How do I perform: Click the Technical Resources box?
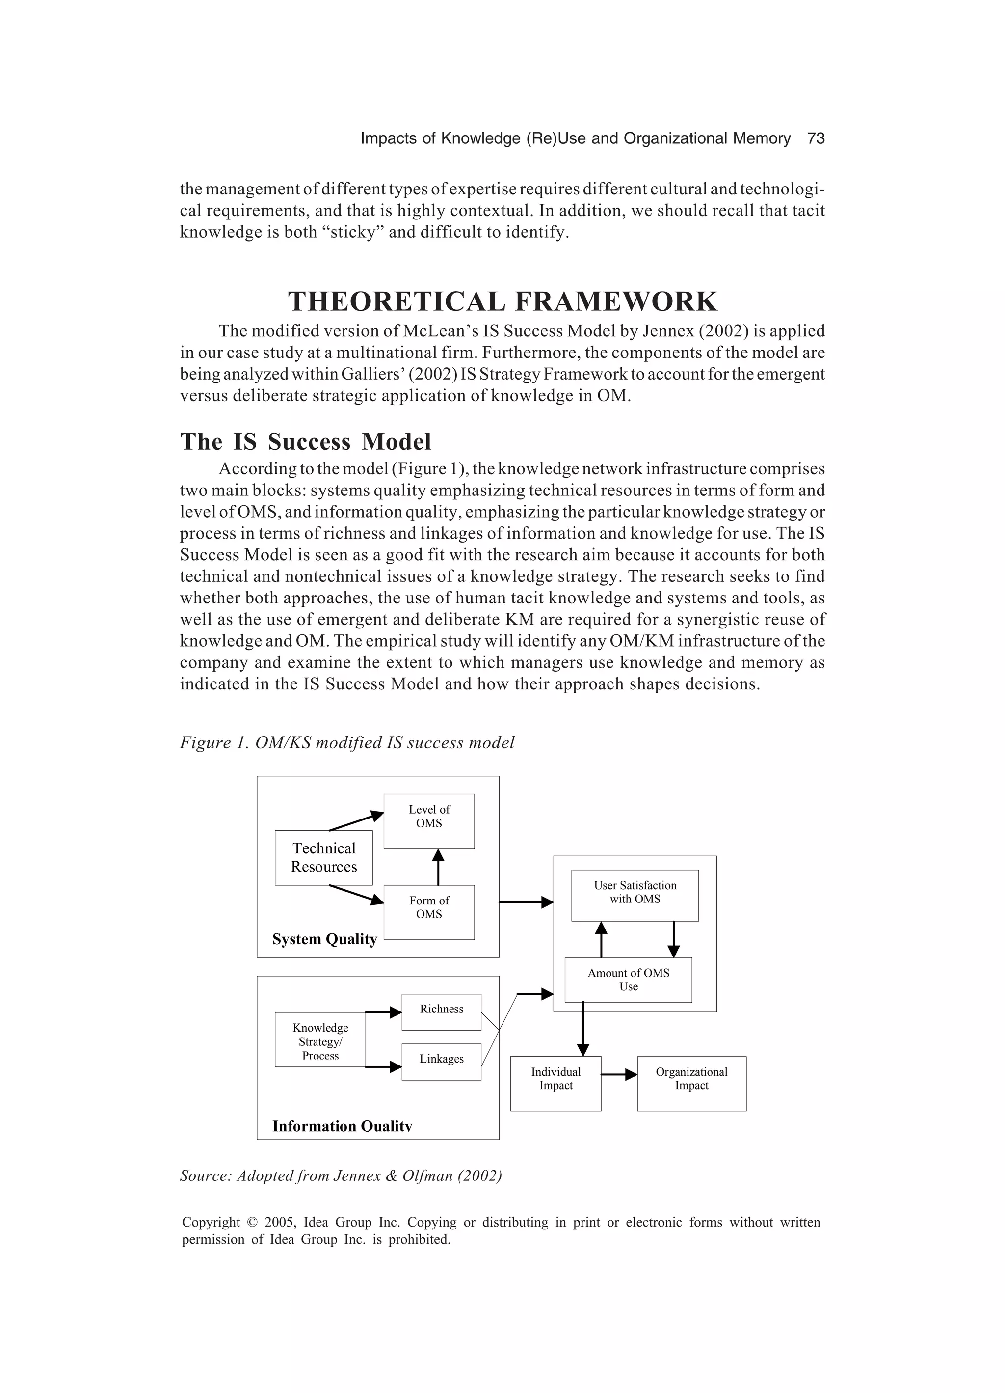(323, 857)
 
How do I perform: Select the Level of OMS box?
(428, 821)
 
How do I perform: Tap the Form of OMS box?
(428, 912)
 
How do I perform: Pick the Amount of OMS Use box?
(628, 980)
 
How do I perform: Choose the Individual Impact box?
(555, 1084)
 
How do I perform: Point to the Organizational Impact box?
(691, 1084)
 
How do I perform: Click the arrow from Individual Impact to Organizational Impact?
(619, 1075)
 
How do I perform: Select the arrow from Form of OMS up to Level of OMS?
(438, 867)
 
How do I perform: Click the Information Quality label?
(342, 1126)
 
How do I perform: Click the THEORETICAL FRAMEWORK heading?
(502, 301)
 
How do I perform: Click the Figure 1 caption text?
(347, 742)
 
